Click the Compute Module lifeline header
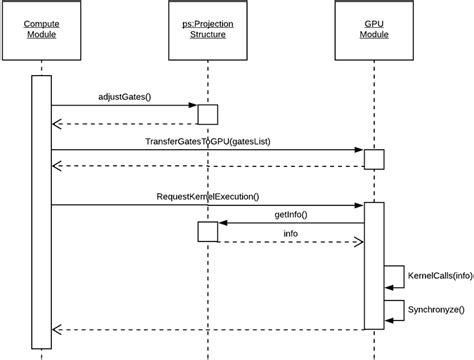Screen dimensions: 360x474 click(x=40, y=27)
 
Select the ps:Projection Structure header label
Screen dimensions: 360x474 click(x=207, y=27)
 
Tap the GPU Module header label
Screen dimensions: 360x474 click(x=373, y=27)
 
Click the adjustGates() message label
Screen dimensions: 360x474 click(x=125, y=97)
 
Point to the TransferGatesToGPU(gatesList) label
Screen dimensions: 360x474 click(x=208, y=142)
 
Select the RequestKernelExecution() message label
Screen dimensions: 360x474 click(x=207, y=197)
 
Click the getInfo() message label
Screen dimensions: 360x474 click(x=290, y=215)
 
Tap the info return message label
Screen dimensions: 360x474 click(x=290, y=233)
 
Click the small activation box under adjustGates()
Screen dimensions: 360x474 click(x=207, y=114)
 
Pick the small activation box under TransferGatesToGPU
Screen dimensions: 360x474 click(x=373, y=159)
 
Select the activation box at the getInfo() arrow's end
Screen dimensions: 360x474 click(x=207, y=232)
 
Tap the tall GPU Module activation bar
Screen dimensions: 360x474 click(x=373, y=265)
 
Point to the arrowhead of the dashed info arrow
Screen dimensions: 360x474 click(x=358, y=241)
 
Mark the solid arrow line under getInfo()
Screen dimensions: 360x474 click(x=290, y=223)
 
